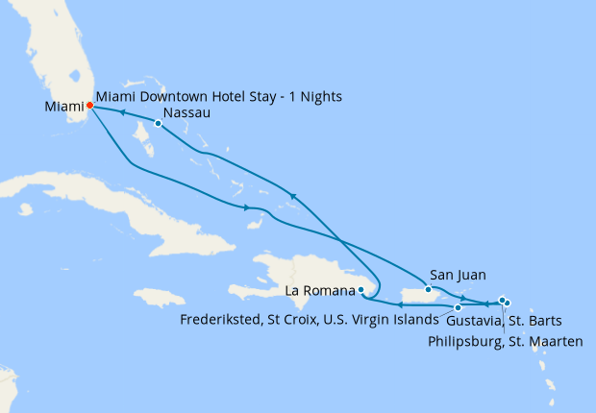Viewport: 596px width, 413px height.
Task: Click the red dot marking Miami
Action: click(x=89, y=106)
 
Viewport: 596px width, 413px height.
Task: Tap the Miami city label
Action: click(x=63, y=107)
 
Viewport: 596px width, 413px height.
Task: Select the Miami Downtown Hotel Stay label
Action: click(x=219, y=97)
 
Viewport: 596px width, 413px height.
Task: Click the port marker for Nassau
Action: click(x=158, y=122)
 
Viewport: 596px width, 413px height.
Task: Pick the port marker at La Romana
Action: click(x=360, y=289)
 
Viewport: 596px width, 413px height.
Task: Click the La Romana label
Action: click(x=320, y=289)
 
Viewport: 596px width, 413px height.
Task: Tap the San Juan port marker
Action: click(x=428, y=289)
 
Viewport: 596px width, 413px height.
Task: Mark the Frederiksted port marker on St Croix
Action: click(x=458, y=307)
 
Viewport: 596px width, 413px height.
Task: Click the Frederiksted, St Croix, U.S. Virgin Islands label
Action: click(x=312, y=321)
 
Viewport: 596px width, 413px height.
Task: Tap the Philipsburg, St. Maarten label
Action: click(x=507, y=340)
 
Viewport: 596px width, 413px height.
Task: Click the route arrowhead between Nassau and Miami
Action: click(x=122, y=112)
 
